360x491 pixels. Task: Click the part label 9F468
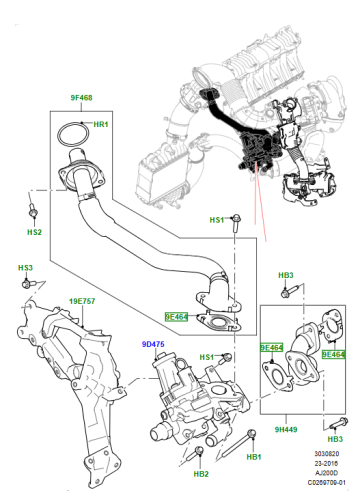[81, 98]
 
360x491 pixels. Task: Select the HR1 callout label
[101, 124]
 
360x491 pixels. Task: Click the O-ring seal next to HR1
[74, 134]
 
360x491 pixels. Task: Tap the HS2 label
[34, 232]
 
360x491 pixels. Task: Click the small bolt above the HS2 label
[33, 211]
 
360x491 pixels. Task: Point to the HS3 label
[25, 268]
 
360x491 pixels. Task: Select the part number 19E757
[82, 301]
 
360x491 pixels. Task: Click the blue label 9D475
[153, 344]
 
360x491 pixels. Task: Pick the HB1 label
[254, 457]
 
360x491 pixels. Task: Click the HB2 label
[201, 474]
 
